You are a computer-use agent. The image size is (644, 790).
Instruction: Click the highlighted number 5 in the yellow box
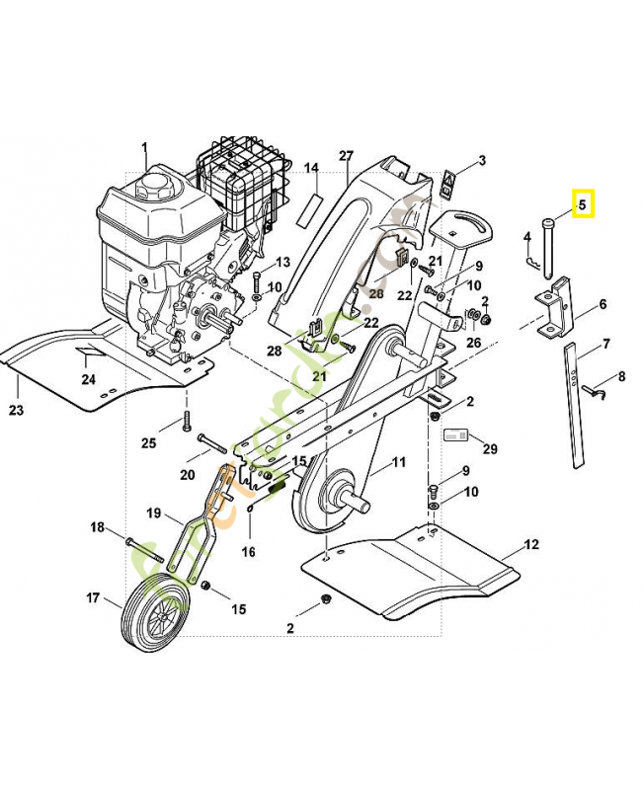tap(582, 205)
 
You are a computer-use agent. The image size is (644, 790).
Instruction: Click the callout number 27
tap(346, 156)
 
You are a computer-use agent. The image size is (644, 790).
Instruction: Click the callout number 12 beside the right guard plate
tap(531, 545)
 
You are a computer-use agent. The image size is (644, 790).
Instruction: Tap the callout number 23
tap(15, 409)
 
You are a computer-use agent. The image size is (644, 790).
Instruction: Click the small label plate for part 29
tap(455, 434)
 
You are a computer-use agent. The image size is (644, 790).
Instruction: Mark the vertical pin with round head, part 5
tap(544, 257)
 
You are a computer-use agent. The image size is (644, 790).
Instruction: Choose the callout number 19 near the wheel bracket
tap(153, 513)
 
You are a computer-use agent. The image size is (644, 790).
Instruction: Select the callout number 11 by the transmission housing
tap(398, 462)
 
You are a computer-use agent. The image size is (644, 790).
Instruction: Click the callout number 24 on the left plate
tap(89, 379)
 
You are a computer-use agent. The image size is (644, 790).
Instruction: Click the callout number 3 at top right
tap(482, 160)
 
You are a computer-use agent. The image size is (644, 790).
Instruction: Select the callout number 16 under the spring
tap(249, 551)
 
